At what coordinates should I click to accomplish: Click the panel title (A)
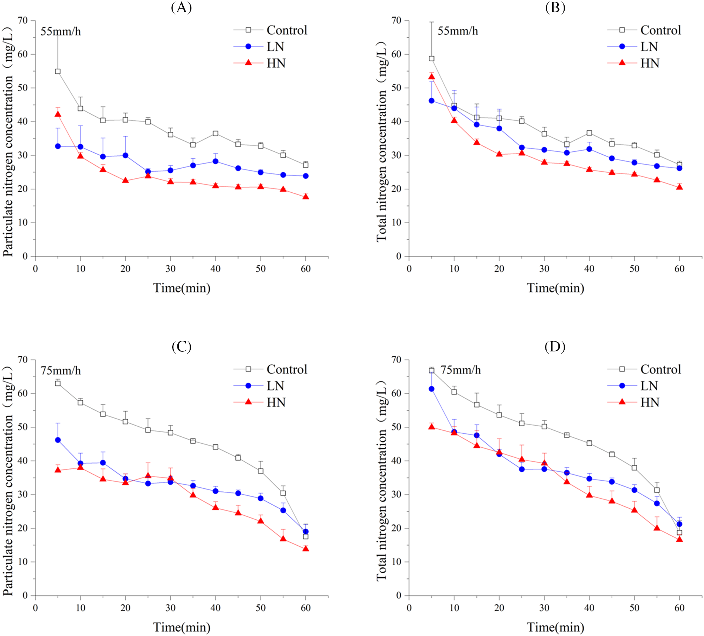pos(181,7)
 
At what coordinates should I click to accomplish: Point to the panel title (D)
pos(555,347)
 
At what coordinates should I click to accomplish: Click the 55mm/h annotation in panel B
pos(458,31)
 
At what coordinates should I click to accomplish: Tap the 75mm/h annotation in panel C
pos(61,370)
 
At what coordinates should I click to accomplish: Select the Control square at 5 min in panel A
pos(58,71)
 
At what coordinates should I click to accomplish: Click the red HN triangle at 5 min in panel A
pos(58,114)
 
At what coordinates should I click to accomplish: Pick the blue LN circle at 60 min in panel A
pos(306,176)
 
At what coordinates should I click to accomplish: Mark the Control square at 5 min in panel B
pos(431,58)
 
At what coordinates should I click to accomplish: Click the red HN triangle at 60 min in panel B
pos(679,187)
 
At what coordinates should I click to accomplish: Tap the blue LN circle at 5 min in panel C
pos(58,440)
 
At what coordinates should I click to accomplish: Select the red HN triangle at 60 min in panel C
pos(306,549)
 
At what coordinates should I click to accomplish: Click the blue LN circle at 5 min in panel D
pos(431,389)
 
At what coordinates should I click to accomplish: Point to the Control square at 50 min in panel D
pos(634,468)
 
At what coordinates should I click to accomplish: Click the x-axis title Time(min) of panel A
pos(182,288)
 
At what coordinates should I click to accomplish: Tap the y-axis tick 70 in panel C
pos(23,360)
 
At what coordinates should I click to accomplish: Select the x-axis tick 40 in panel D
pos(589,608)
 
